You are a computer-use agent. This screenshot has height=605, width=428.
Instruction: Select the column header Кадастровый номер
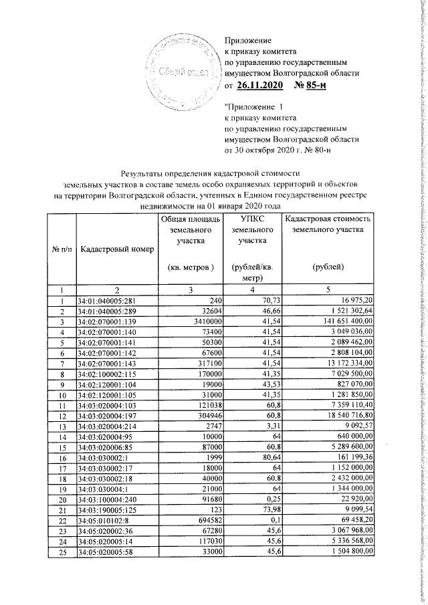(x=116, y=249)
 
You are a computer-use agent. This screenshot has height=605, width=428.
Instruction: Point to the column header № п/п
(x=61, y=249)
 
